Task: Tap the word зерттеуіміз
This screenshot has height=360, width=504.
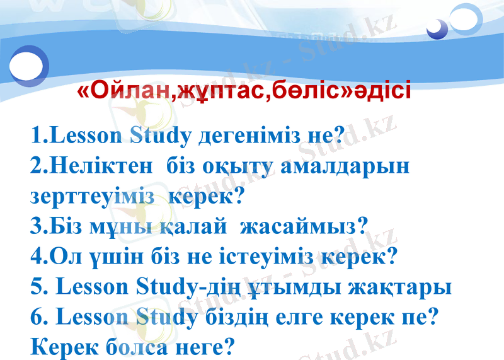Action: pyautogui.click(x=92, y=196)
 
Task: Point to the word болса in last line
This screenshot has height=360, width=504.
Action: pyautogui.click(x=133, y=346)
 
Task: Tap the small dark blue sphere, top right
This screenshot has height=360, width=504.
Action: pyautogui.click(x=435, y=28)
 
